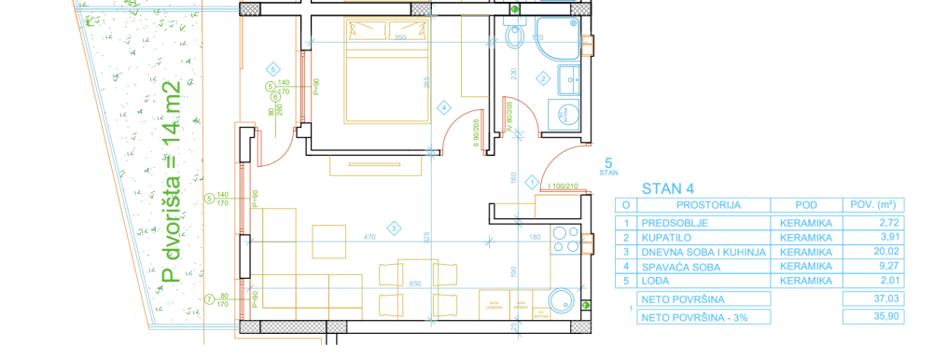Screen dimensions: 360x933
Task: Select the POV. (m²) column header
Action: click(869, 205)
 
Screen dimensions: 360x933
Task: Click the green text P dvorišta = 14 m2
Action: click(170, 181)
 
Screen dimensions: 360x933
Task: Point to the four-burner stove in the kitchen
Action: click(565, 241)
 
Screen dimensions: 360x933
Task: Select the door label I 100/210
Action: click(564, 187)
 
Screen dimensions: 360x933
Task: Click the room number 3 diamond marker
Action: click(394, 228)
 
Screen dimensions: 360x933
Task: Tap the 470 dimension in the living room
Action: click(369, 238)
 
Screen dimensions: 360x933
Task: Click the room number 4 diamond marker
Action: click(444, 106)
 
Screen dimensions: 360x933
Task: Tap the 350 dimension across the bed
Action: click(399, 37)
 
